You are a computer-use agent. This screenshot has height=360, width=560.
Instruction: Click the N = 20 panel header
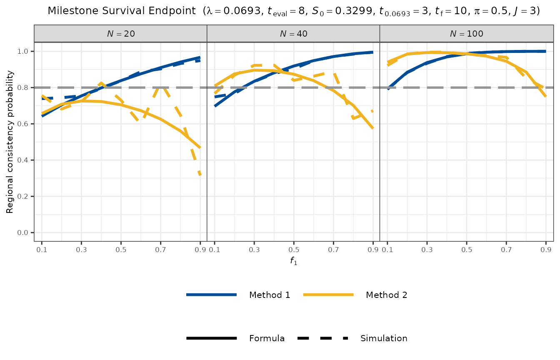[x=120, y=34]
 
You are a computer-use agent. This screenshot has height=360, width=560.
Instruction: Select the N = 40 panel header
[x=293, y=34]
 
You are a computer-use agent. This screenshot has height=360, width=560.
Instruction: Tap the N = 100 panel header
[x=466, y=34]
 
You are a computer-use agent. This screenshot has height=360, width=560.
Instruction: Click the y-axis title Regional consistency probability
[x=10, y=142]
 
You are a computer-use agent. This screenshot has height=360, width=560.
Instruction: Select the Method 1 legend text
[x=270, y=295]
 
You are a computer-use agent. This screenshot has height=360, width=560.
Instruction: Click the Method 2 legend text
[x=386, y=295]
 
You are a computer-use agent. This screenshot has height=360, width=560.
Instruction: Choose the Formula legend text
[x=267, y=338]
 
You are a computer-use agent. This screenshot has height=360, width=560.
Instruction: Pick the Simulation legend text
[x=384, y=338]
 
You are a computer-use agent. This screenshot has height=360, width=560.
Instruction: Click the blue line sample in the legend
[x=212, y=295]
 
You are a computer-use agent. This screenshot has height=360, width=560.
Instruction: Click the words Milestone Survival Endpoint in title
[x=123, y=11]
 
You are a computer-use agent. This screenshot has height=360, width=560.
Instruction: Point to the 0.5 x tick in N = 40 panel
[x=294, y=250]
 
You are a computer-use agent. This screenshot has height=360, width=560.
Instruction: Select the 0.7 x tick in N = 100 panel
[x=506, y=250]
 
